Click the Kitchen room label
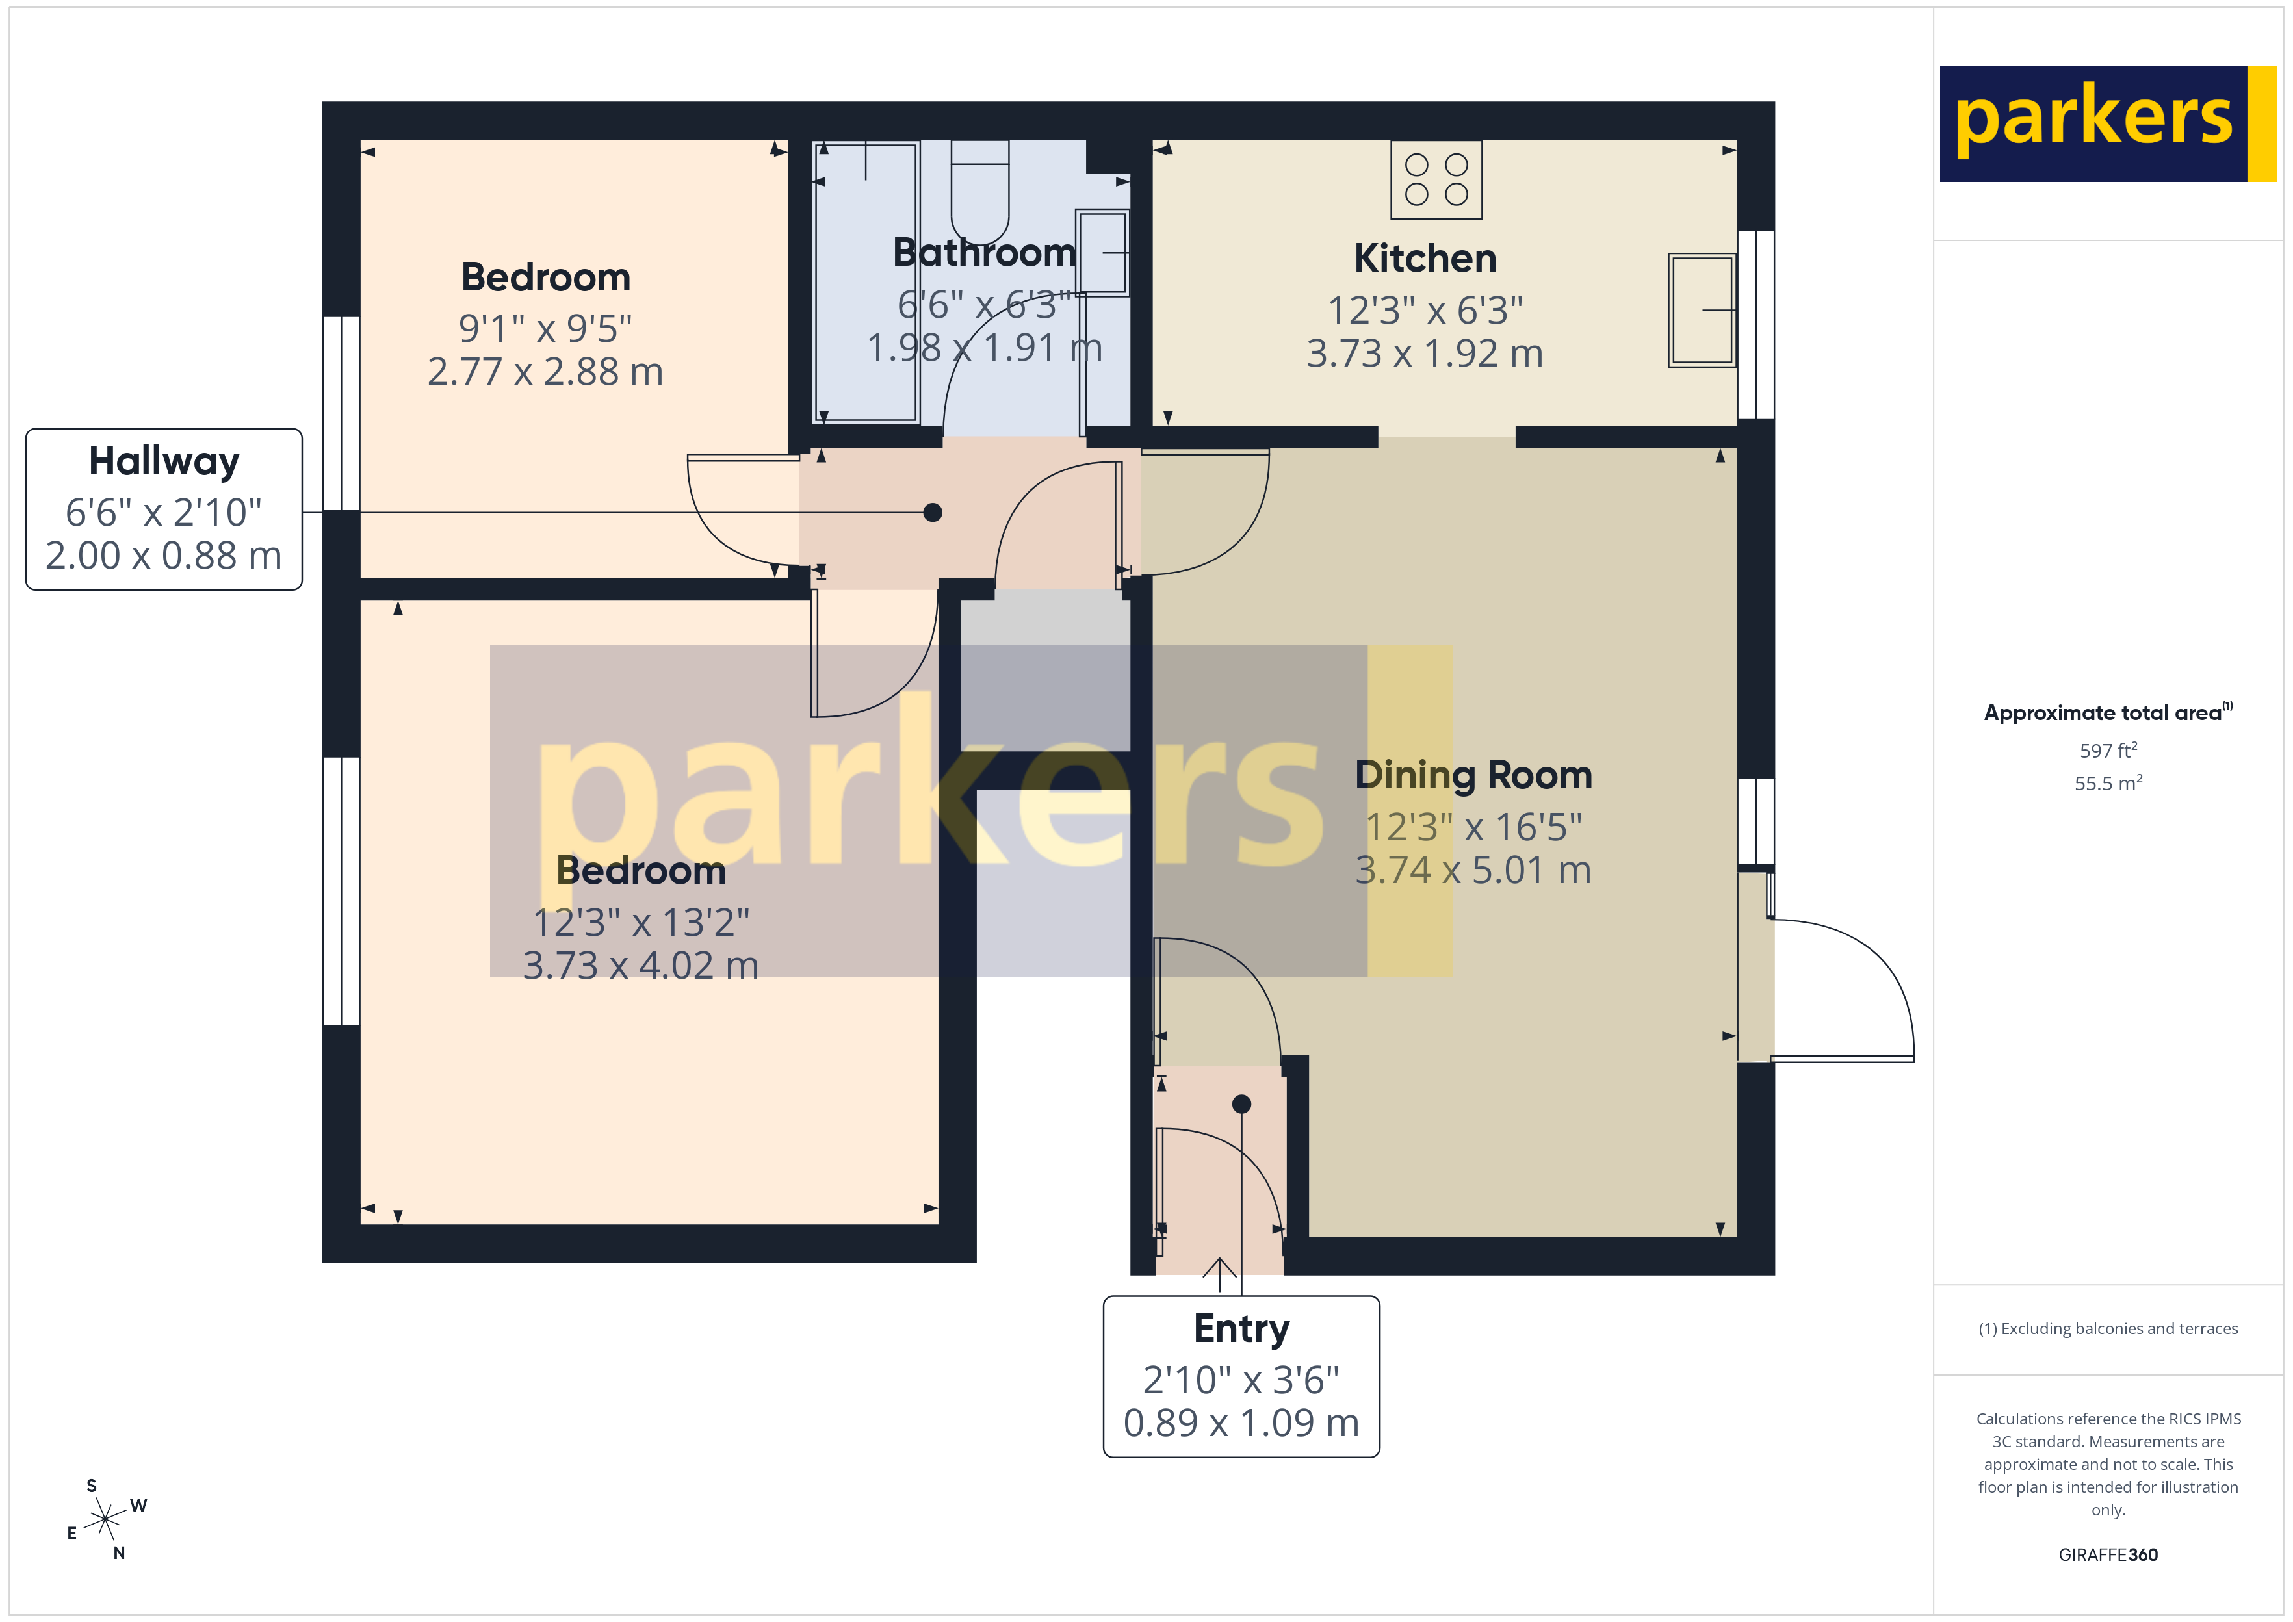[x=1425, y=259]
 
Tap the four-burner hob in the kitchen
[x=1436, y=180]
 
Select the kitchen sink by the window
[x=1702, y=309]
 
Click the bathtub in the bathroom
[x=865, y=283]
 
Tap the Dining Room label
[x=1473, y=776]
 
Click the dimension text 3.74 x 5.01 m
[x=1473, y=870]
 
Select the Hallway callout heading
[x=164, y=461]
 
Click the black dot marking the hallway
[x=933, y=512]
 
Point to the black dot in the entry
[x=1241, y=1103]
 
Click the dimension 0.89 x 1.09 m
[x=1241, y=1423]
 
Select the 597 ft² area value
[x=2108, y=750]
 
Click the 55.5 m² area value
[x=2108, y=783]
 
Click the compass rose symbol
[x=105, y=1520]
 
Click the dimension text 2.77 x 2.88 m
[x=545, y=372]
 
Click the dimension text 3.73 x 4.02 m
[x=641, y=966]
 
